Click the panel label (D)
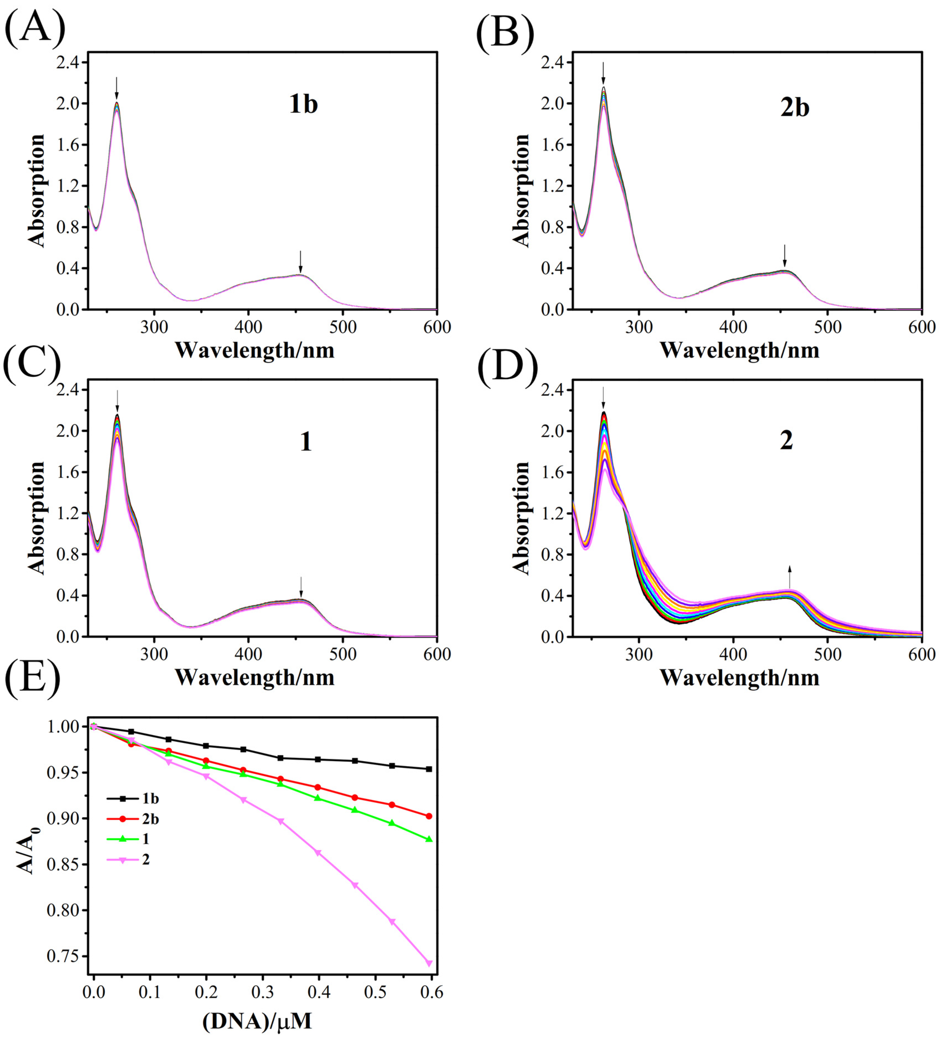(x=507, y=367)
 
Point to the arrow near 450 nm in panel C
(x=301, y=587)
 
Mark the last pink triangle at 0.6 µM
(x=429, y=963)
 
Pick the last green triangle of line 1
(x=429, y=839)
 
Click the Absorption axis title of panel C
(x=36, y=517)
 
